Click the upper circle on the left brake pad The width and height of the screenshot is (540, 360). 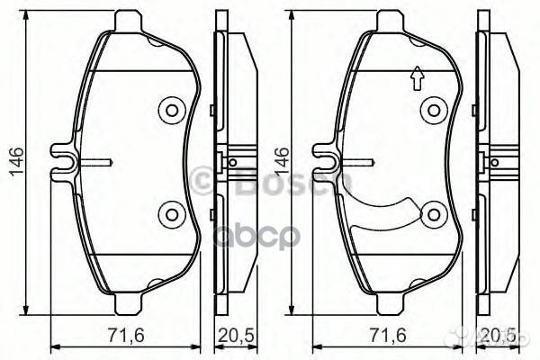click(x=170, y=111)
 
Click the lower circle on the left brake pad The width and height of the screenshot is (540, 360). click(x=170, y=214)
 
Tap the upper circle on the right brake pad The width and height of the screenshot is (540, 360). click(x=435, y=111)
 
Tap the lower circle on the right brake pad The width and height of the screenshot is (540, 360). click(x=435, y=214)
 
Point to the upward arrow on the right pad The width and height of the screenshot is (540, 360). click(x=417, y=80)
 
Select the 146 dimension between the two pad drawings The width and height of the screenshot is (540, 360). click(x=282, y=163)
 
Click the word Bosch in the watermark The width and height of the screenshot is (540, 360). click(x=261, y=184)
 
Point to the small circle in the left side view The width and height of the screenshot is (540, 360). click(x=232, y=163)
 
